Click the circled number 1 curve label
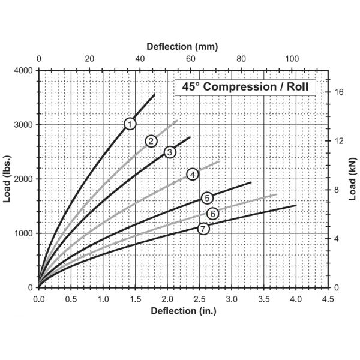point(130,124)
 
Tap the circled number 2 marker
point(151,141)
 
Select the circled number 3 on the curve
point(170,152)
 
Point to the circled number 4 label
point(193,174)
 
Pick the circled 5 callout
point(207,198)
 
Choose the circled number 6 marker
point(212,214)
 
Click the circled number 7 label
point(203,229)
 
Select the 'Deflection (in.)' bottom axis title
point(183,311)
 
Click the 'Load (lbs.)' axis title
point(8,179)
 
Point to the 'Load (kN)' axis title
point(353,179)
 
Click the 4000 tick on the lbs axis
point(24,70)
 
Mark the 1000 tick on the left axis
point(24,233)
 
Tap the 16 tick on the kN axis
point(339,92)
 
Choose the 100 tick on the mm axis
point(292,59)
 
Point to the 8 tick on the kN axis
point(337,190)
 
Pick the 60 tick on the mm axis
point(191,59)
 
